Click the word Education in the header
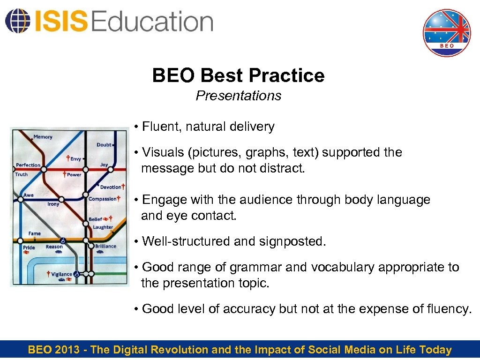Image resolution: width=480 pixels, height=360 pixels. (x=153, y=22)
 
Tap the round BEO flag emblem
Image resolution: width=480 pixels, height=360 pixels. (x=447, y=32)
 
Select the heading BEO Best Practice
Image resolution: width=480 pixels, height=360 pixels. (x=238, y=75)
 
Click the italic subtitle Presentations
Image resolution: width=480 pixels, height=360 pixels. (x=238, y=96)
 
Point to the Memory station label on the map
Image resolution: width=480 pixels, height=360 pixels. (x=43, y=137)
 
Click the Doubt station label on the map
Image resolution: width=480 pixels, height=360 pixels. (x=104, y=145)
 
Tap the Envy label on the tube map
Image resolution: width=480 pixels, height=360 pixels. (x=75, y=159)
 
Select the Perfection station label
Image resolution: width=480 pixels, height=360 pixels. (x=28, y=165)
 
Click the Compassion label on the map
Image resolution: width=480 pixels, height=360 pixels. (x=102, y=199)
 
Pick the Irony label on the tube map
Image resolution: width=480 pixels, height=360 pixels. (x=53, y=204)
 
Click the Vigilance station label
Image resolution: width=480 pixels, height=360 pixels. (x=62, y=274)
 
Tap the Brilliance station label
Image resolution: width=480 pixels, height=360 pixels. (x=105, y=246)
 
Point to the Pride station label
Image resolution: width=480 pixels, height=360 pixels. (x=29, y=247)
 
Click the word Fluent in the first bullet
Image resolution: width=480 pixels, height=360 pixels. (x=157, y=127)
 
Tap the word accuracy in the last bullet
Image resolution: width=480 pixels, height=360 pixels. (x=249, y=309)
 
